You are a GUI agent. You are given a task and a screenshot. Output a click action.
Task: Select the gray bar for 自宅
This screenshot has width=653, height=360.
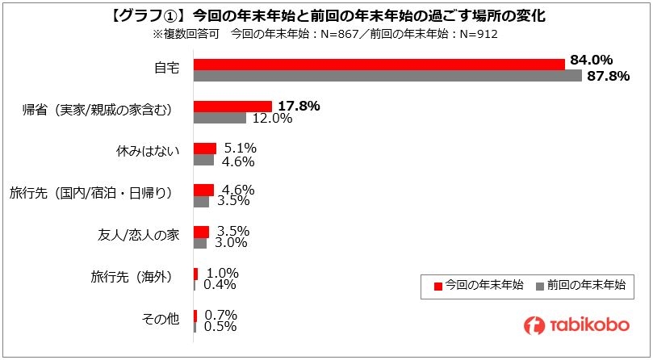(387, 76)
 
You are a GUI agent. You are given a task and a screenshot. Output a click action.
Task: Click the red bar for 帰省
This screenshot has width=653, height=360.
(232, 106)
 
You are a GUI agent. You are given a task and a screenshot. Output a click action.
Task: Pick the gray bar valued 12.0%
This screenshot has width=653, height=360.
(220, 118)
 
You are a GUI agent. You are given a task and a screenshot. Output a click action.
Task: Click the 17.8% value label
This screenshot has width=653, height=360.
(299, 105)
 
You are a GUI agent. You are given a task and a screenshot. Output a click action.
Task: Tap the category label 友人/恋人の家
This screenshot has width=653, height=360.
(133, 235)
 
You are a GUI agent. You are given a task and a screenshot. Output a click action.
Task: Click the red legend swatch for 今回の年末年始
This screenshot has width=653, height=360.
(438, 285)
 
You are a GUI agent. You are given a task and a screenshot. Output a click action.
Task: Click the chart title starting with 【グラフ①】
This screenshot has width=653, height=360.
(326, 15)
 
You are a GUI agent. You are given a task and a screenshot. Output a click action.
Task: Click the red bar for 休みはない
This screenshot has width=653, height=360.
(205, 148)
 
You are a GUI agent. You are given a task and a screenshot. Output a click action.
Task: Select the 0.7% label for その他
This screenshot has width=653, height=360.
(220, 314)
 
